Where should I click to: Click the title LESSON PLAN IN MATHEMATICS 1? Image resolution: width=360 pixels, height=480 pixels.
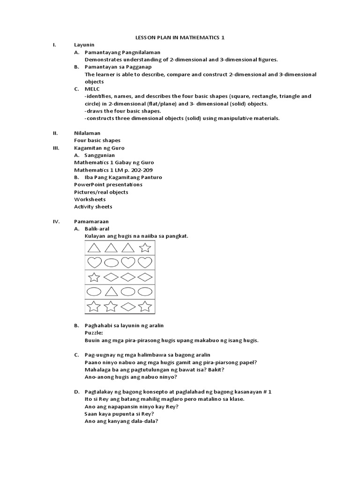point(180,37)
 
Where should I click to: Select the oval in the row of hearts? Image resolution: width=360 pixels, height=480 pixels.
point(111,262)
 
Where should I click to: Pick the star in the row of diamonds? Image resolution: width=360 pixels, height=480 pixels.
point(94,277)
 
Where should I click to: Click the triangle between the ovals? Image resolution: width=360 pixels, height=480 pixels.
point(111,292)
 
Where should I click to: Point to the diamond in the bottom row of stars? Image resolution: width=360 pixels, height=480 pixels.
point(127,307)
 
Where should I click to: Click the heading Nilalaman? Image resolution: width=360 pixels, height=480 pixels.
point(87,133)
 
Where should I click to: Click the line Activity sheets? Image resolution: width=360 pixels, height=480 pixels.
point(93,207)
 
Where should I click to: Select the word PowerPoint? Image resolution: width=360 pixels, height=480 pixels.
point(89,185)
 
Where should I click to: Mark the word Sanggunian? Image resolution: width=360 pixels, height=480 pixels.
point(99,155)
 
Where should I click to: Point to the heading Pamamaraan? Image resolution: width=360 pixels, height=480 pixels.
point(91,221)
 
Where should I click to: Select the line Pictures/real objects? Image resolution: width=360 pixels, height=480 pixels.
point(101,192)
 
